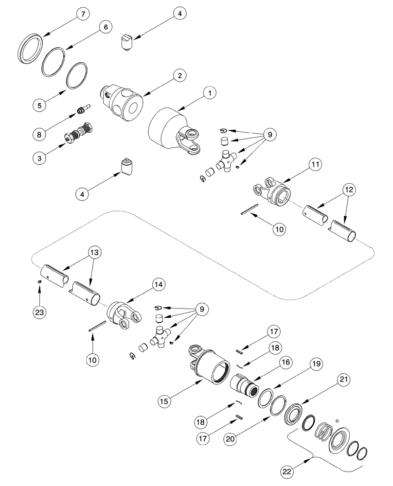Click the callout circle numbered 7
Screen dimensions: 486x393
82,14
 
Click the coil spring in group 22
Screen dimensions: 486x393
322,429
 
